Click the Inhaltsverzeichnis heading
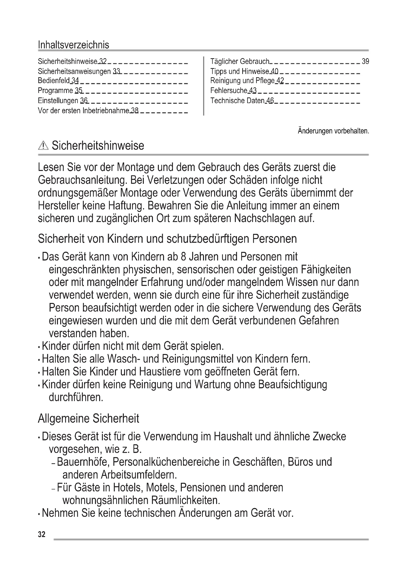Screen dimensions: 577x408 coord(73,45)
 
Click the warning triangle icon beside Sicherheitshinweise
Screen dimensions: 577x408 coord(43,146)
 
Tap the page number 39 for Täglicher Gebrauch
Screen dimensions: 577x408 coord(365,61)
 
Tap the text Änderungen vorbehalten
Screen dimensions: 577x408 coord(333,131)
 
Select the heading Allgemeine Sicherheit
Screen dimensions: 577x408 coord(89,418)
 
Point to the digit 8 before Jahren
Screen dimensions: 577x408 coord(183,257)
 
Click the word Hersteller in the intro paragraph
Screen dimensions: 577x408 coord(58,205)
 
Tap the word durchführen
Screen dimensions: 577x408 coord(76,397)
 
